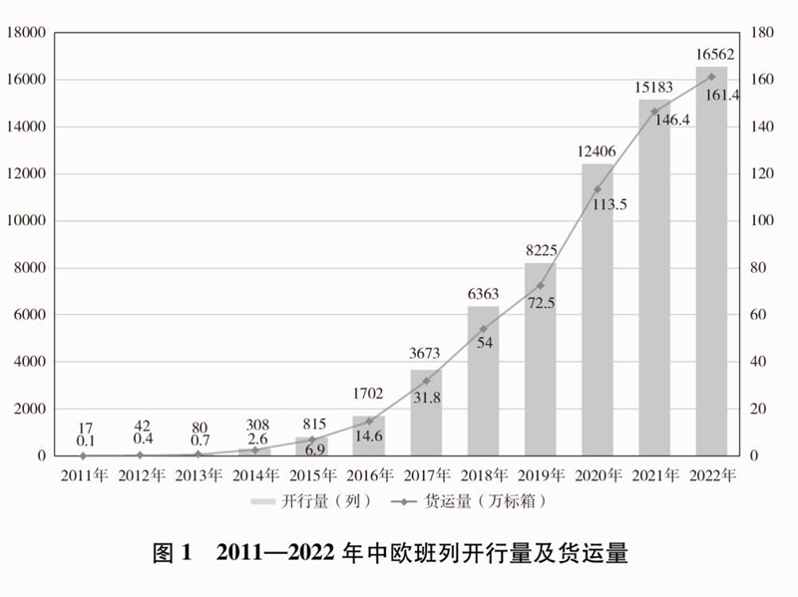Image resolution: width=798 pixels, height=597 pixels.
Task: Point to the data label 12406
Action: [598, 151]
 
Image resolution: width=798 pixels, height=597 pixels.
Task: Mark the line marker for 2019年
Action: [541, 285]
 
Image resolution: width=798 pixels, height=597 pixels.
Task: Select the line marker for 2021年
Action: [654, 112]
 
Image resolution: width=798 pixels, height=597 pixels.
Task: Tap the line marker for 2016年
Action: [369, 421]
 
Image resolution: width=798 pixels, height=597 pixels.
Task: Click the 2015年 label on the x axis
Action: [311, 475]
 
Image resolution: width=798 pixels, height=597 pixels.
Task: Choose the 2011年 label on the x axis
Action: [83, 475]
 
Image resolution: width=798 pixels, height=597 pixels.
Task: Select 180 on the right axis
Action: [761, 33]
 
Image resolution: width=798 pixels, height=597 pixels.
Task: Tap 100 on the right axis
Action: [761, 221]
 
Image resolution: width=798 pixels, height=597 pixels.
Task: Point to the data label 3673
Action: [426, 352]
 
